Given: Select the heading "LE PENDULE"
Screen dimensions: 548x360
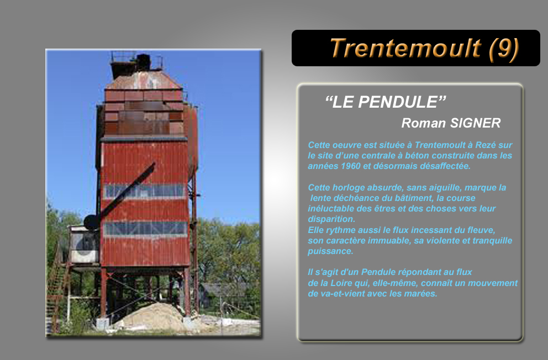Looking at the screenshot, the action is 386,102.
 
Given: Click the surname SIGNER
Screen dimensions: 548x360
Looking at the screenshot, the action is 475,123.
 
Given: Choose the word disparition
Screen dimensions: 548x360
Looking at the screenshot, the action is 331,219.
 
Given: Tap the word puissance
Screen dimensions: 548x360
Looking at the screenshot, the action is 330,251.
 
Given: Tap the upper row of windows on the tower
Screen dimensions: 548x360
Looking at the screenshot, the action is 145,190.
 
